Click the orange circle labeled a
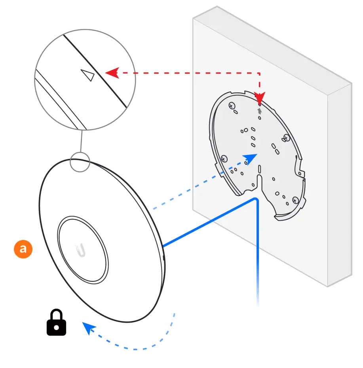(x=23, y=249)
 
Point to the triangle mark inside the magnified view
(x=87, y=75)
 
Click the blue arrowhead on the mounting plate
(x=251, y=158)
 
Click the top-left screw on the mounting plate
(x=232, y=106)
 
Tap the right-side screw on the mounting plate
(x=287, y=138)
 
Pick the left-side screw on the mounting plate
(x=224, y=159)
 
